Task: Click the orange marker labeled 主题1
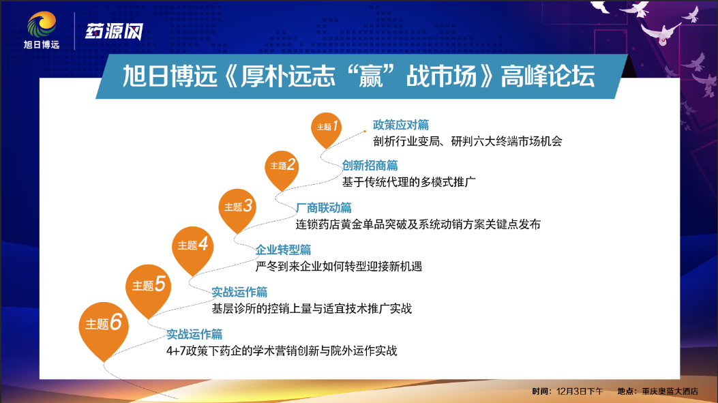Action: coord(326,129)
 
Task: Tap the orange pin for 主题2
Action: coord(282,168)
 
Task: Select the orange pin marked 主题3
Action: coord(237,209)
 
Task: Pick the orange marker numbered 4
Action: coord(192,248)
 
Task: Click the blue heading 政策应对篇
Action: coord(401,125)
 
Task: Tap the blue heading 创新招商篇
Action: coord(370,165)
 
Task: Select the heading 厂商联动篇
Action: coord(324,208)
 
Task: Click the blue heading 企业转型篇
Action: coord(284,250)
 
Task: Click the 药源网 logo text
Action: coord(114,31)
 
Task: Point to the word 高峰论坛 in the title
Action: coord(548,76)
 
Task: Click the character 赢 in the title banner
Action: coord(370,76)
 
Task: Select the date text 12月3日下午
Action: coord(580,391)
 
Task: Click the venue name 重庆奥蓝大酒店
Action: coord(670,391)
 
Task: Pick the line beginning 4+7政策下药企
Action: coord(282,350)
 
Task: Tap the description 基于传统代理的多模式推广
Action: coord(409,182)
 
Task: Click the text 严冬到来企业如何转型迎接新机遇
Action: coord(339,266)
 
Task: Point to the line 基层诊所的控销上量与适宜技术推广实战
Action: coord(312,308)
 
